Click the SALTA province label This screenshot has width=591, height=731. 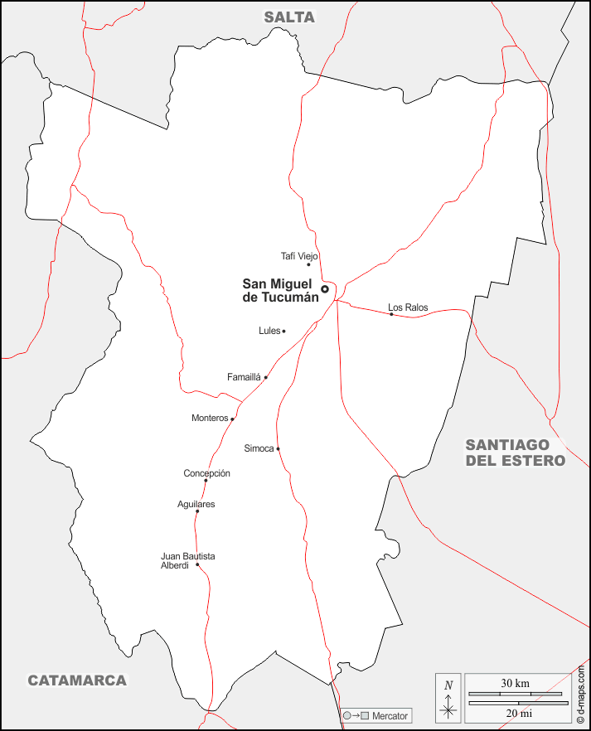[x=290, y=17]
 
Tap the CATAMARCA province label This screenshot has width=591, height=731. [x=77, y=680]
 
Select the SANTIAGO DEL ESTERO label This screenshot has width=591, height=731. [x=515, y=453]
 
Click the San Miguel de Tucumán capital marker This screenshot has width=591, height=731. [x=325, y=289]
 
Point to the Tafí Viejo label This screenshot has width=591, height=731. [x=299, y=256]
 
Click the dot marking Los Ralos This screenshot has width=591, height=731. [x=391, y=314]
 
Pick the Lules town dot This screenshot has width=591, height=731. [x=283, y=332]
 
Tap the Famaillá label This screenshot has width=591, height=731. [x=244, y=377]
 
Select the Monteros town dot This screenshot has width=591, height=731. [x=232, y=419]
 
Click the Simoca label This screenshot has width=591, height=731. [x=259, y=448]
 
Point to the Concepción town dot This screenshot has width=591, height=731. [x=206, y=481]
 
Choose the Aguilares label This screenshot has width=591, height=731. [x=196, y=504]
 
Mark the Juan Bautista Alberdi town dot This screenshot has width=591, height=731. [x=197, y=565]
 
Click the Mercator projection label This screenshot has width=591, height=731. [x=390, y=715]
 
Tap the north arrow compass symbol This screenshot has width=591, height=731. [x=448, y=698]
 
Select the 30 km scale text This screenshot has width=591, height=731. [x=515, y=684]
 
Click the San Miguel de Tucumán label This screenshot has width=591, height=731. [x=280, y=290]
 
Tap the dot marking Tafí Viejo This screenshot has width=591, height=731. [x=308, y=264]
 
